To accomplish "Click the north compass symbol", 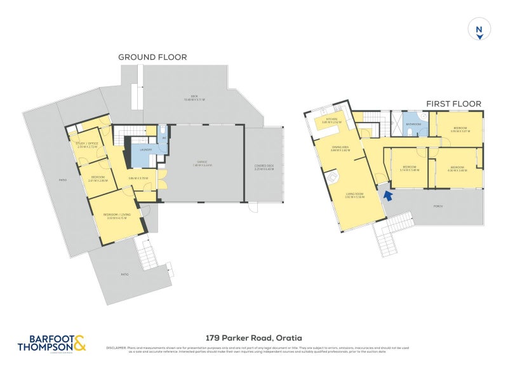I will coord(480,30).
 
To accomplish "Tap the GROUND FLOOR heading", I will coord(152,57).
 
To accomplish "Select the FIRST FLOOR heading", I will coord(454,104).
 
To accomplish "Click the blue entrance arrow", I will coord(387,195).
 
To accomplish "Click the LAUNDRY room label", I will coord(145,149).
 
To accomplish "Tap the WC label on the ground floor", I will coord(164,138).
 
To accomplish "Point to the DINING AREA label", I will coord(341,149).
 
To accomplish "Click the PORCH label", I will coord(438,206).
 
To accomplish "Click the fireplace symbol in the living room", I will coord(331,175).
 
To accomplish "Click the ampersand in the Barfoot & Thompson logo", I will coord(79,344).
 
